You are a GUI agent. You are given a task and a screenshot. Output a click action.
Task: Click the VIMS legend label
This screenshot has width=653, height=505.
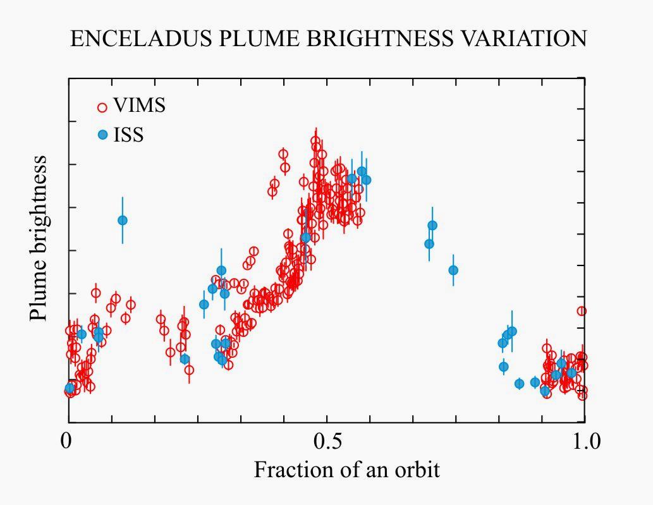click(139, 106)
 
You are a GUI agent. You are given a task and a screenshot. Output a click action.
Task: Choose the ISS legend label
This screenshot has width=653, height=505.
click(128, 135)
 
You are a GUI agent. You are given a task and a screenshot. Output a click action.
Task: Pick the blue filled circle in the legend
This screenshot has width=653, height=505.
click(103, 135)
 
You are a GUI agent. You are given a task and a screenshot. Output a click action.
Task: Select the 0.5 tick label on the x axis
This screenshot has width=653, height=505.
click(327, 441)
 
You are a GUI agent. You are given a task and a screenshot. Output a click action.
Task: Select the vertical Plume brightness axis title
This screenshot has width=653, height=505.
click(39, 238)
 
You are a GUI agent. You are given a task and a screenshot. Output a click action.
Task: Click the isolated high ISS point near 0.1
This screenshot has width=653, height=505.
click(123, 220)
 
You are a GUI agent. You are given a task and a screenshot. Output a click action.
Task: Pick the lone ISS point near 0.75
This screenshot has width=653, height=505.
click(453, 271)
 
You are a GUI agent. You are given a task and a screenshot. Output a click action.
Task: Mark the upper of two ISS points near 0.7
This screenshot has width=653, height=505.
click(432, 226)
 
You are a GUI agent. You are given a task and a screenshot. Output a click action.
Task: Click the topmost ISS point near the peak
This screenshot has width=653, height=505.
click(362, 171)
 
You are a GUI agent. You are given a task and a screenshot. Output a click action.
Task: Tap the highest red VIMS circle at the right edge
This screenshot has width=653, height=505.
click(582, 311)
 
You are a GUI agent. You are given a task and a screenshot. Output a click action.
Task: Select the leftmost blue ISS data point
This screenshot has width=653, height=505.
click(70, 388)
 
